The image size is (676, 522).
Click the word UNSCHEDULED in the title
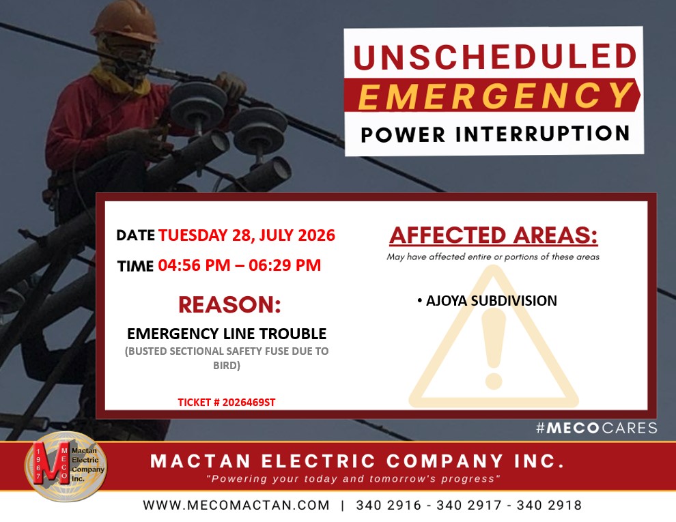point(494,57)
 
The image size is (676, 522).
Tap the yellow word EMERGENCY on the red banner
point(495,96)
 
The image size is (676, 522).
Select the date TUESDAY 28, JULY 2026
point(247,235)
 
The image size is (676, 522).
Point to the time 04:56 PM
point(194,265)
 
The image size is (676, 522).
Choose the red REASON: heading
point(230,304)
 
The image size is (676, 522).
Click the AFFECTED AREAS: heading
point(494,235)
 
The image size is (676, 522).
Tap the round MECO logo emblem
point(66,466)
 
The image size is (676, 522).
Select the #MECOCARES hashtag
point(597,428)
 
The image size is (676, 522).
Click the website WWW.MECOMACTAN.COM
point(236,505)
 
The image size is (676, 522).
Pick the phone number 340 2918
point(549,505)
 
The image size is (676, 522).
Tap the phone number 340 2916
point(389,505)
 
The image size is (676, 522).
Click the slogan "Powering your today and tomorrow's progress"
point(353,479)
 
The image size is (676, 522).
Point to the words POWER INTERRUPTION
point(495,134)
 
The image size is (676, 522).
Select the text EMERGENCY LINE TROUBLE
point(227,334)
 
